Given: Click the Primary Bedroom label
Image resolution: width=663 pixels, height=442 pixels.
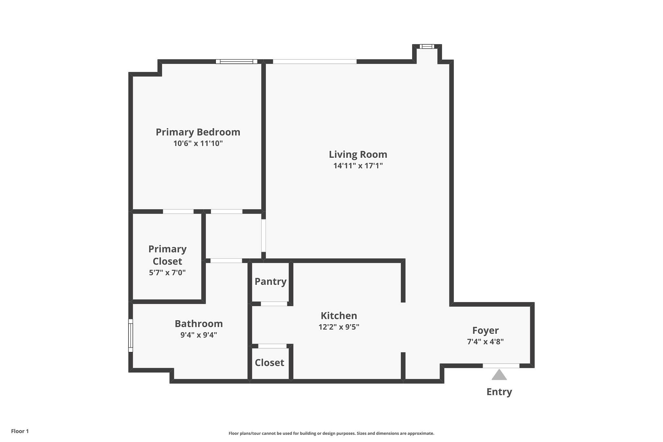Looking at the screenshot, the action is pos(198,132).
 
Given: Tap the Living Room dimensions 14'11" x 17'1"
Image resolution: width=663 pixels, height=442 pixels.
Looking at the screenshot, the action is pos(358,166).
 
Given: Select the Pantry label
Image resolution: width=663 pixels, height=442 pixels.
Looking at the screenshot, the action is pos(271,282).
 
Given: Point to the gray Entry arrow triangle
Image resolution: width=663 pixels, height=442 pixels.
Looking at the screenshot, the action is pos(499,375).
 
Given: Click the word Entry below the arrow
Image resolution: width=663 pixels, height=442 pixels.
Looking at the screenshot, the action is pos(499,392).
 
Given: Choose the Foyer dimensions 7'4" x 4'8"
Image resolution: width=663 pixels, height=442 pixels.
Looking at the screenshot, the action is pos(485,342).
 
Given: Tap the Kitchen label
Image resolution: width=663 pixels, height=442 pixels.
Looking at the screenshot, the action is pos(339,316).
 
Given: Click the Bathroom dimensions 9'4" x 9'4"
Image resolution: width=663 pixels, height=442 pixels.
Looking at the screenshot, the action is pos(199,335).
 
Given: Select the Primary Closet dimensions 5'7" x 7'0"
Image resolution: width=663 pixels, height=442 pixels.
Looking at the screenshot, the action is pos(167,273).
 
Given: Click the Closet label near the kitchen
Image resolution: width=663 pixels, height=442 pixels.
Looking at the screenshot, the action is pos(269,363).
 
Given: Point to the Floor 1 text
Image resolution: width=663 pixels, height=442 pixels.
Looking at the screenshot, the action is pos(20,431).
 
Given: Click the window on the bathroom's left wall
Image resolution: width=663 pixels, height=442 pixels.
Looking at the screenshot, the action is pos(131,335).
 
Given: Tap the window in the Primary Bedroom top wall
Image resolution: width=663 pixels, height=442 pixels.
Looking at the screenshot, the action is pos(237,62).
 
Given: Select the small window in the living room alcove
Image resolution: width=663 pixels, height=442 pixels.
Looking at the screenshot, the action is pos(427,46).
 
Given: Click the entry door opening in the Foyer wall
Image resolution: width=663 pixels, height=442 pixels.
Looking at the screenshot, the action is pos(501,366).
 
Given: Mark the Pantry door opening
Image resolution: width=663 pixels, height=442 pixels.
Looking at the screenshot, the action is pos(274,304).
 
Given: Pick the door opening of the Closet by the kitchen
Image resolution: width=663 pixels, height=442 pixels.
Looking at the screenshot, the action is pos(272,346).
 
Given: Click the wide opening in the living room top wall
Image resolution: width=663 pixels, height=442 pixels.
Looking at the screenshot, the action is pos(315,62).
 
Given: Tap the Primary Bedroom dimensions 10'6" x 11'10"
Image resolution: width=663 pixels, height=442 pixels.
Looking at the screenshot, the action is pos(198,143).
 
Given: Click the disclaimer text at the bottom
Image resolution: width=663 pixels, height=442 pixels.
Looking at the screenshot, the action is pos(331,433).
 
